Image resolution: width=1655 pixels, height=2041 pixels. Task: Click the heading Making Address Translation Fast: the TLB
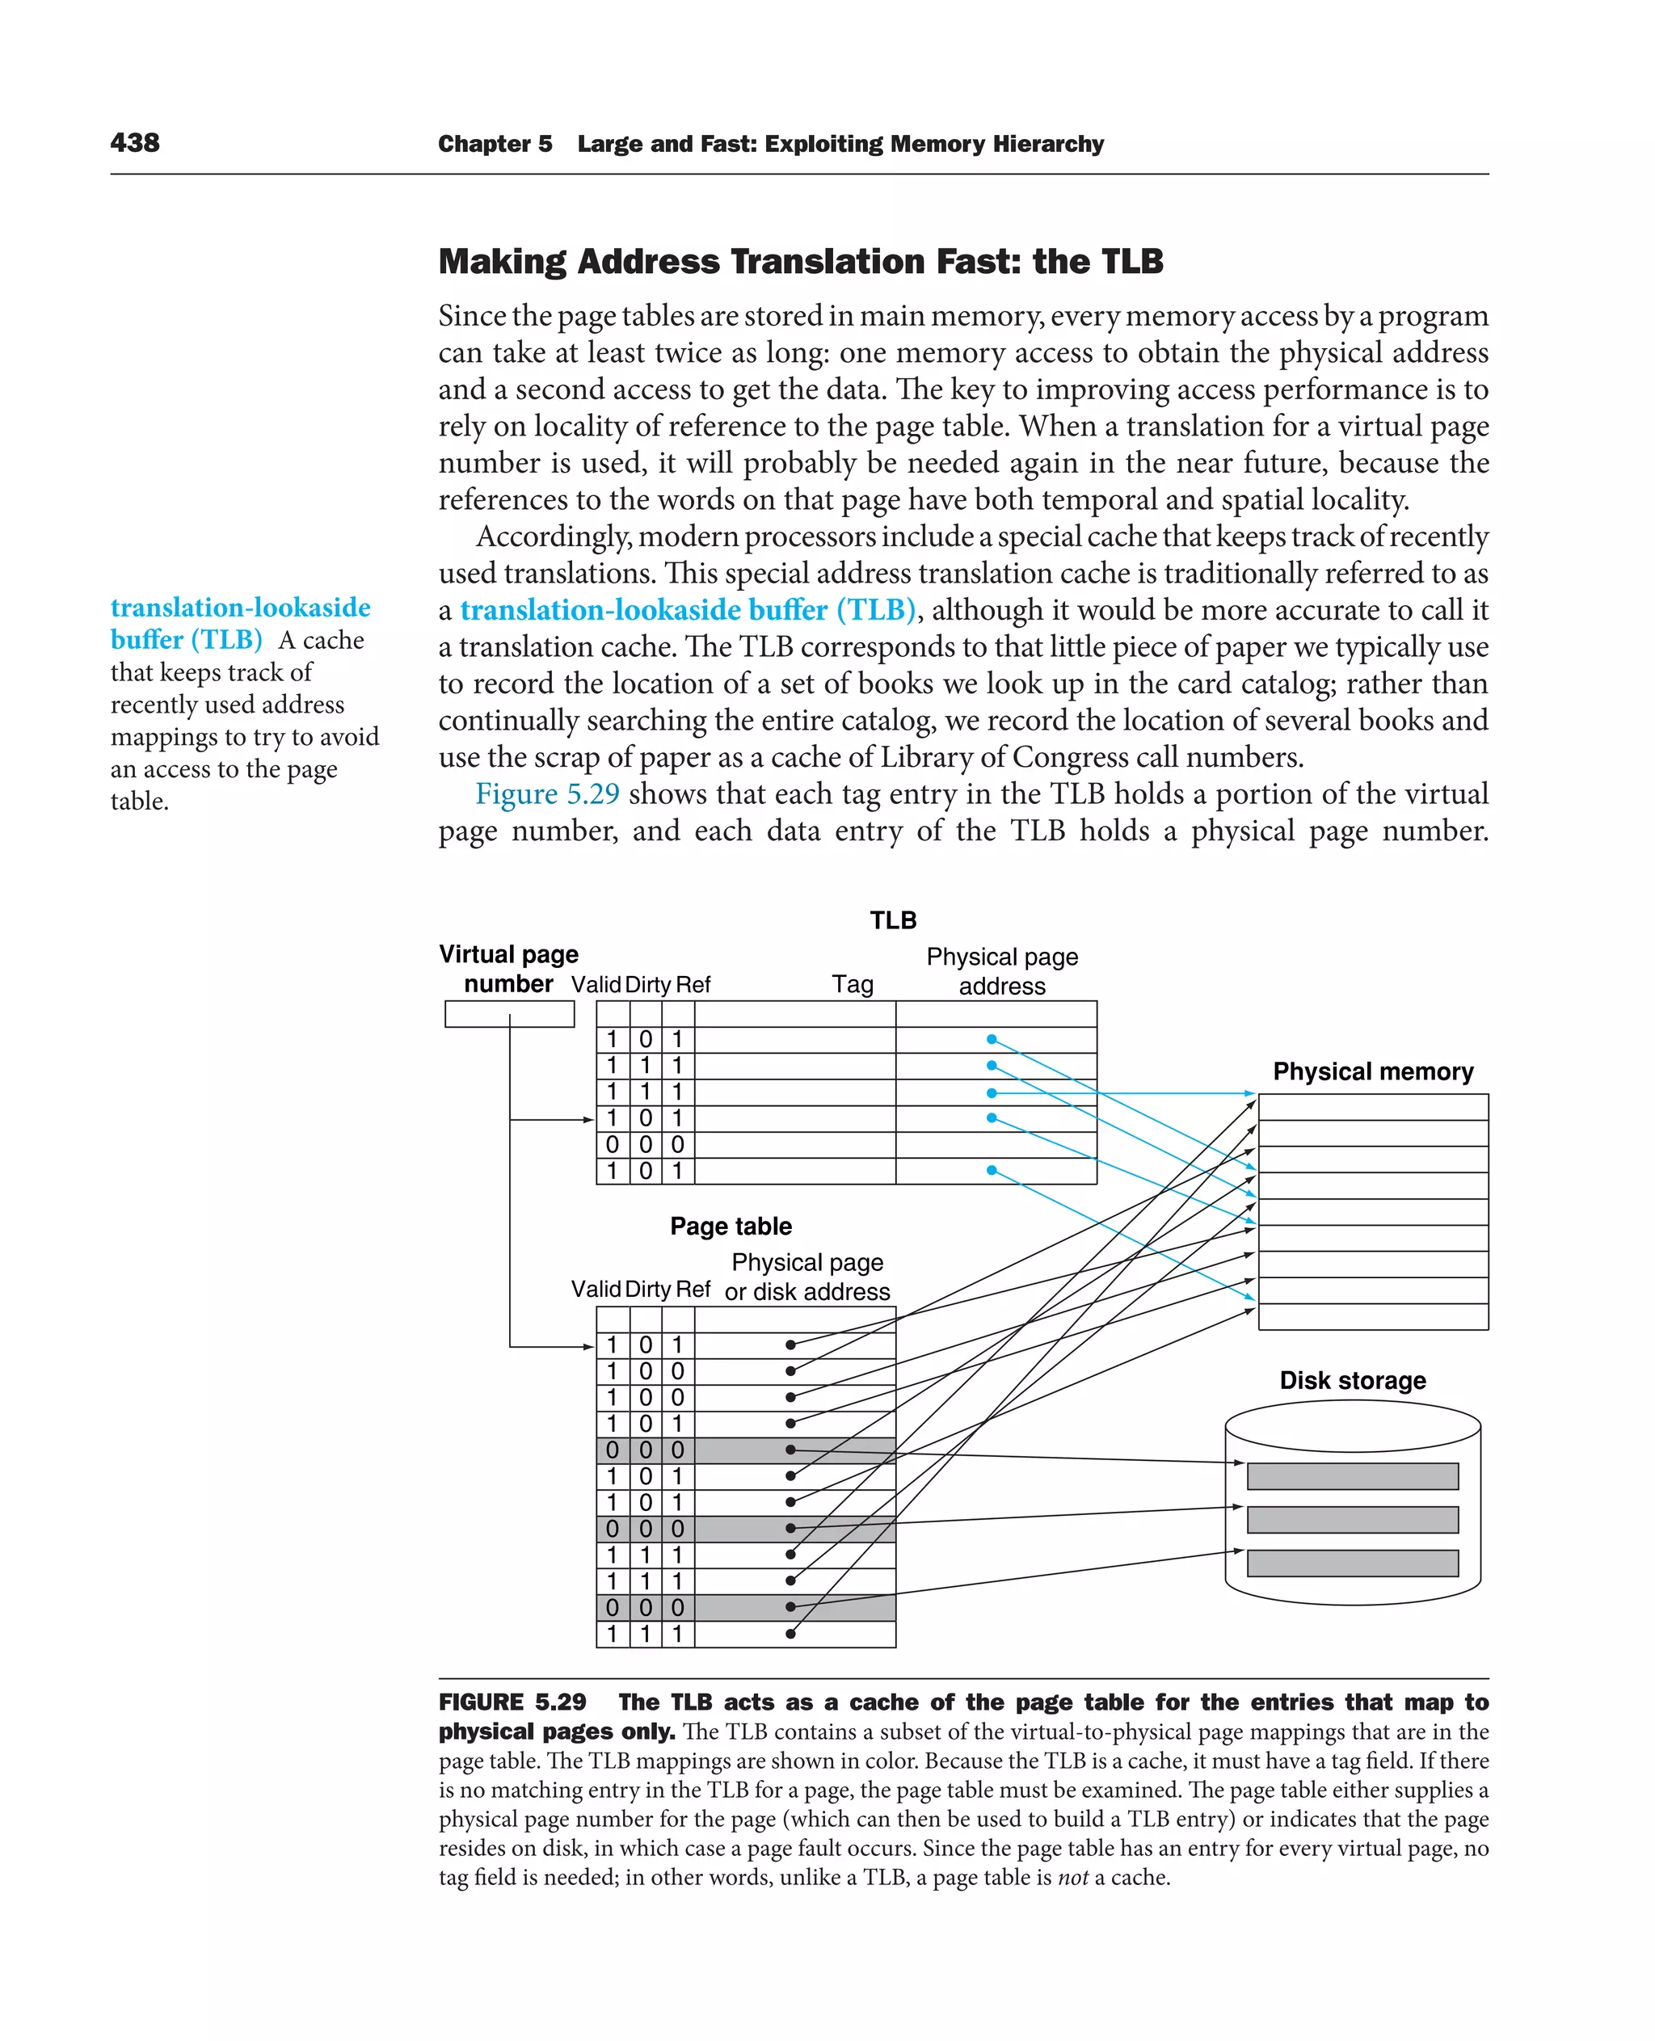(x=800, y=261)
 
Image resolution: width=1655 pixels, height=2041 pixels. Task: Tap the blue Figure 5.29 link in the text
(x=547, y=794)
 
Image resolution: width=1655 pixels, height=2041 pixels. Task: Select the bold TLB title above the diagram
(x=892, y=920)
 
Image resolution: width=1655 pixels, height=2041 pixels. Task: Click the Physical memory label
(x=1372, y=1071)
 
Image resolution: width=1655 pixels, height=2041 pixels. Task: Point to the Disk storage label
(x=1352, y=1380)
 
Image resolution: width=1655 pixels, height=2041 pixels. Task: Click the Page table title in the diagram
(x=731, y=1226)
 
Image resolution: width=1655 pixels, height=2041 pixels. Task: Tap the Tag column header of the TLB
(x=853, y=985)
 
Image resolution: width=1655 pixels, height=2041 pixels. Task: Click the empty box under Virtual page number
(x=509, y=1014)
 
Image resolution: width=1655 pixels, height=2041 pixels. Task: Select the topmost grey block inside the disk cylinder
(x=1352, y=1475)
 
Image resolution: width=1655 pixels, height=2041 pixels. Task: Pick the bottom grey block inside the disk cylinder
(x=1352, y=1563)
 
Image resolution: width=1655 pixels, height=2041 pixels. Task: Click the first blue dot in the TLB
(x=992, y=1039)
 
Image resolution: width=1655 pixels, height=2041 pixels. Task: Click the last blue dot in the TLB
(x=992, y=1170)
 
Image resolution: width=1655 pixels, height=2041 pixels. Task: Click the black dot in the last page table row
(x=790, y=1634)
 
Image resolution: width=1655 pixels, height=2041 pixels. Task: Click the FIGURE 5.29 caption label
(x=512, y=1702)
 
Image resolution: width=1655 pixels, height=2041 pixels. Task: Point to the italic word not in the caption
(x=1072, y=1878)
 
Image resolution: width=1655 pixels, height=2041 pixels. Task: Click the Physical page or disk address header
(x=806, y=1277)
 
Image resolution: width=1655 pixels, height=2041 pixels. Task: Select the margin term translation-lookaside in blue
(x=240, y=608)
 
